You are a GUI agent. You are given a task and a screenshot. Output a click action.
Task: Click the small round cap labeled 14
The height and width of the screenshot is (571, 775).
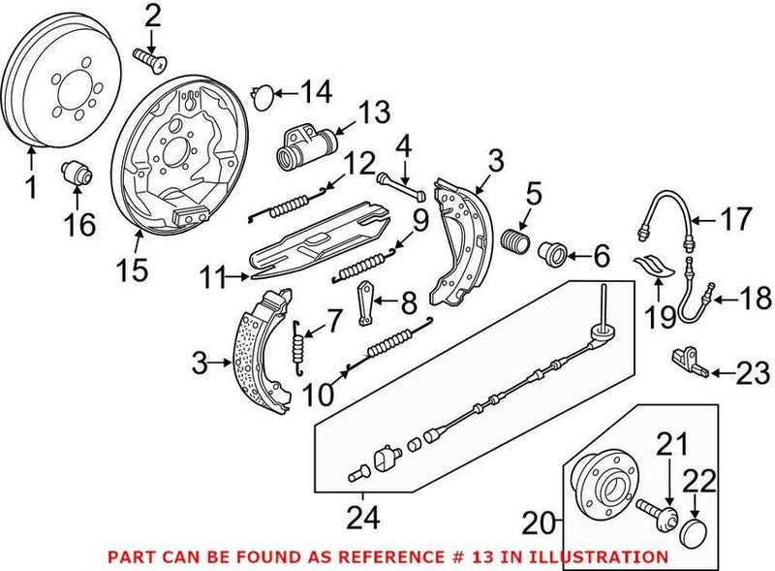click(260, 94)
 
